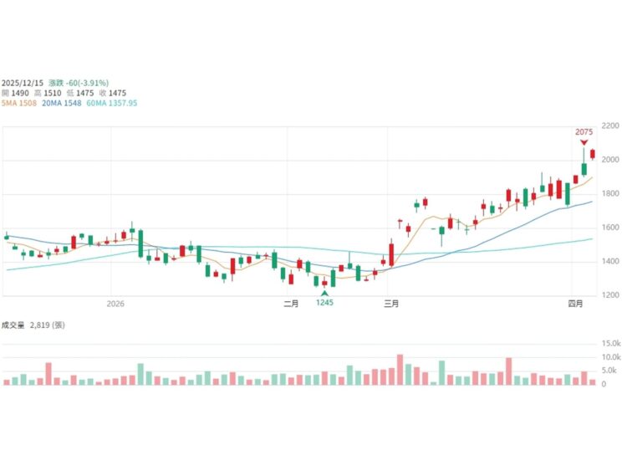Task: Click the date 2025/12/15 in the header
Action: [23, 83]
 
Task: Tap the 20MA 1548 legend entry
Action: [63, 103]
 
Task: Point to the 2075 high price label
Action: [584, 132]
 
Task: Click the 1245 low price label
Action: [324, 303]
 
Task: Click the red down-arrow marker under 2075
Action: [584, 143]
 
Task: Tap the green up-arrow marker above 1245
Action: [324, 293]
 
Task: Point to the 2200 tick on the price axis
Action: [610, 125]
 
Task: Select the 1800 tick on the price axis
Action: [610, 193]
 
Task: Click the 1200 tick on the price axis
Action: [610, 295]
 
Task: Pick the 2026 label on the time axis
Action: [115, 304]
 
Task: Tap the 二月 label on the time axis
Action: [291, 304]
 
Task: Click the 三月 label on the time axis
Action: [390, 304]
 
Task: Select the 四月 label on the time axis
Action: [575, 304]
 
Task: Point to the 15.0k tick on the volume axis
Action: [610, 344]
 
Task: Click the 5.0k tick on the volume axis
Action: [610, 371]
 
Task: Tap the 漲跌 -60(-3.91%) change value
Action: [79, 83]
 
